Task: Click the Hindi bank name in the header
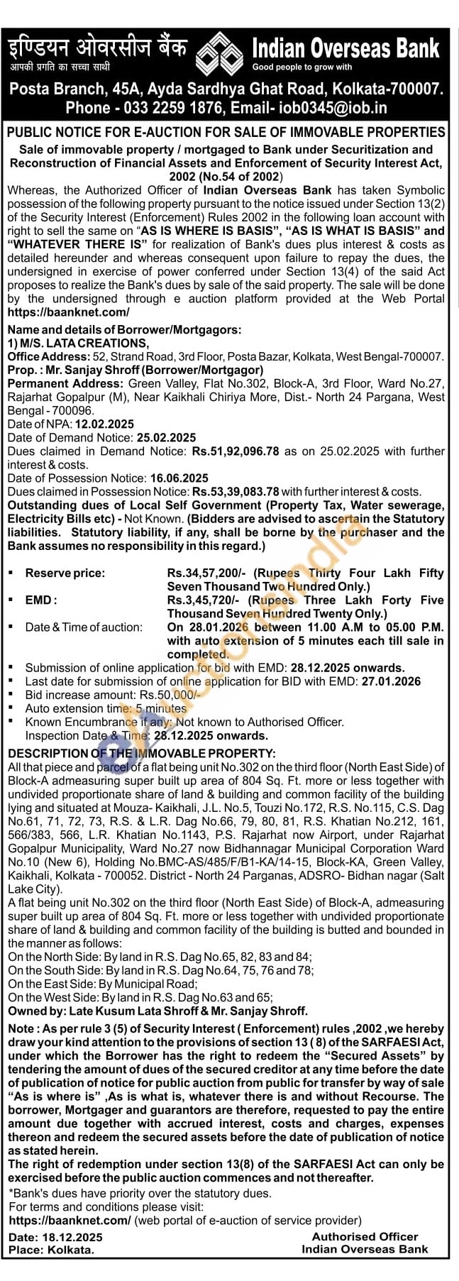pyautogui.click(x=97, y=48)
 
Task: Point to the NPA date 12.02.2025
pyautogui.click(x=99, y=424)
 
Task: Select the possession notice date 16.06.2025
pyautogui.click(x=179, y=478)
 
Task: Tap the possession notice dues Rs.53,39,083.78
pyautogui.click(x=236, y=492)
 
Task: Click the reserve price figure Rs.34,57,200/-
pyautogui.click(x=207, y=573)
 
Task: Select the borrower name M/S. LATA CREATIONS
pyautogui.click(x=84, y=343)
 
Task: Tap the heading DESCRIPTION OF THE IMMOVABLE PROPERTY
pyautogui.click(x=141, y=753)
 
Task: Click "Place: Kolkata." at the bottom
pyautogui.click(x=51, y=1250)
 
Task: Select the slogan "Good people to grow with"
pyautogui.click(x=302, y=67)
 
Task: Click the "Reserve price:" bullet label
pyautogui.click(x=65, y=573)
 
